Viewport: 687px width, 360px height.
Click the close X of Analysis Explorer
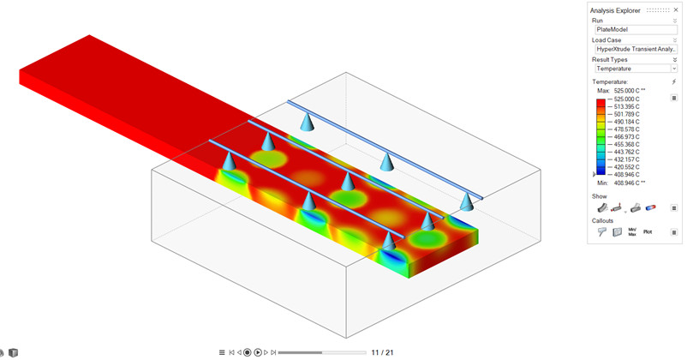click(x=676, y=9)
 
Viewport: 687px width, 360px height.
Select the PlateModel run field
click(x=636, y=29)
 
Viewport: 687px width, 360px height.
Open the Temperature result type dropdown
click(x=674, y=69)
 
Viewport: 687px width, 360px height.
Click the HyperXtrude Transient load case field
click(x=636, y=49)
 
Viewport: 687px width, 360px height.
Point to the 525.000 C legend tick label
click(x=626, y=99)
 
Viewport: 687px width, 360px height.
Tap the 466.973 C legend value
click(x=626, y=137)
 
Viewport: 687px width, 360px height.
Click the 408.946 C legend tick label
click(x=626, y=175)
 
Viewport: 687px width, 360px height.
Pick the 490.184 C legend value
click(x=626, y=122)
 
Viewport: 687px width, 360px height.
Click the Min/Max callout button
click(x=632, y=232)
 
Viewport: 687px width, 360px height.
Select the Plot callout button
click(x=648, y=231)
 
